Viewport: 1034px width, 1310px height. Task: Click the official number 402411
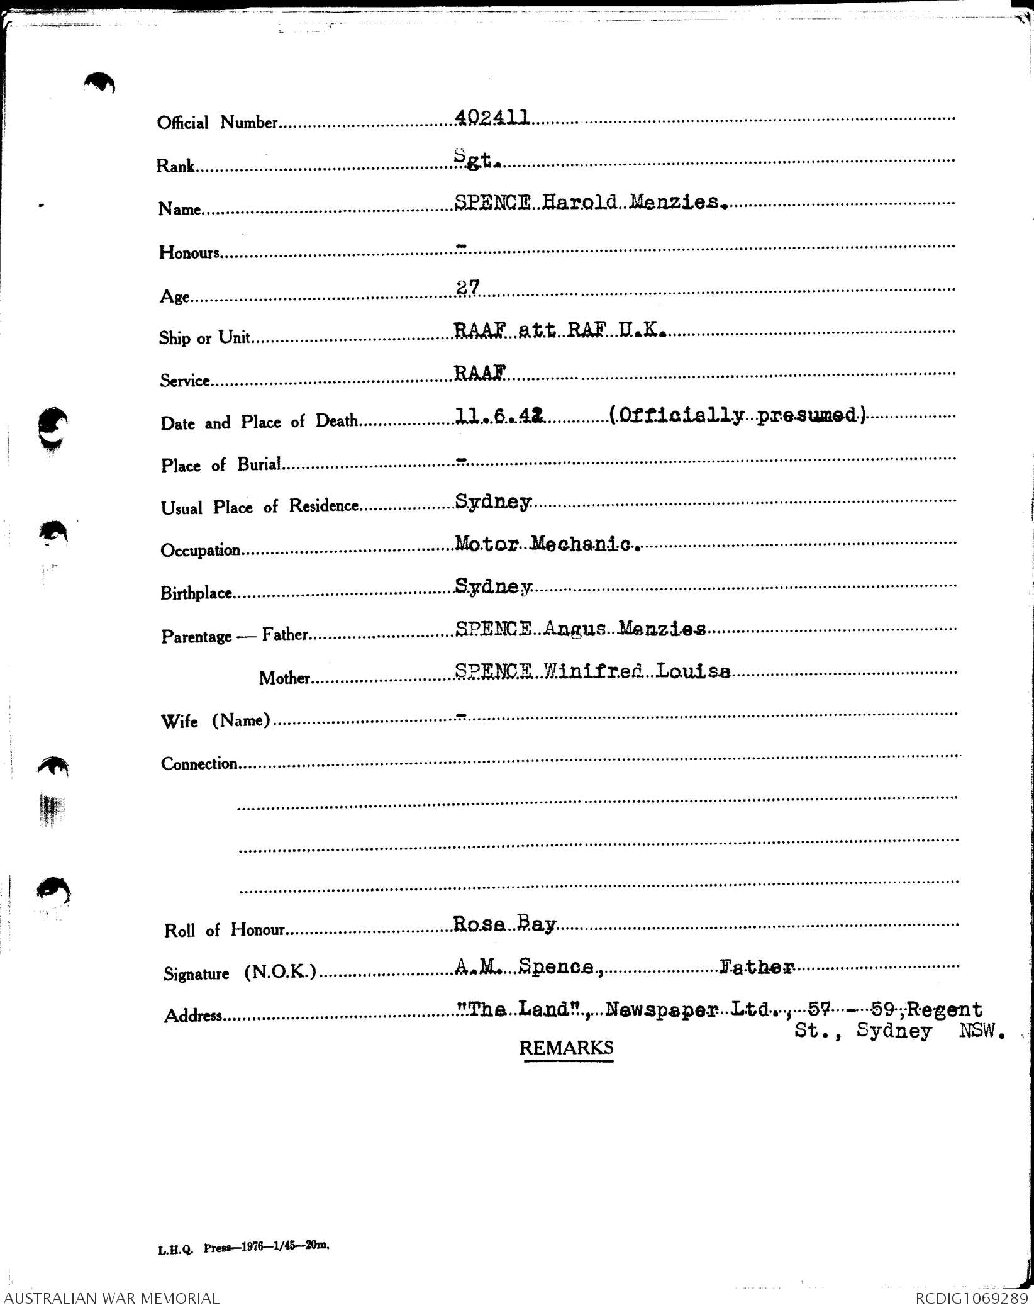tap(491, 117)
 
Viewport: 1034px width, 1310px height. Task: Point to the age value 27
tap(467, 288)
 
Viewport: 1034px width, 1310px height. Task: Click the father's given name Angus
tap(575, 629)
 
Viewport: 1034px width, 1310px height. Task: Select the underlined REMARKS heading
tap(566, 1048)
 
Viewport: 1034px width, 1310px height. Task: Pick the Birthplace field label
tap(196, 593)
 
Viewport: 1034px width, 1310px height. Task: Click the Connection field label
tap(199, 764)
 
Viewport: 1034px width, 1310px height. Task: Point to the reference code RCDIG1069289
tap(972, 1299)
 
